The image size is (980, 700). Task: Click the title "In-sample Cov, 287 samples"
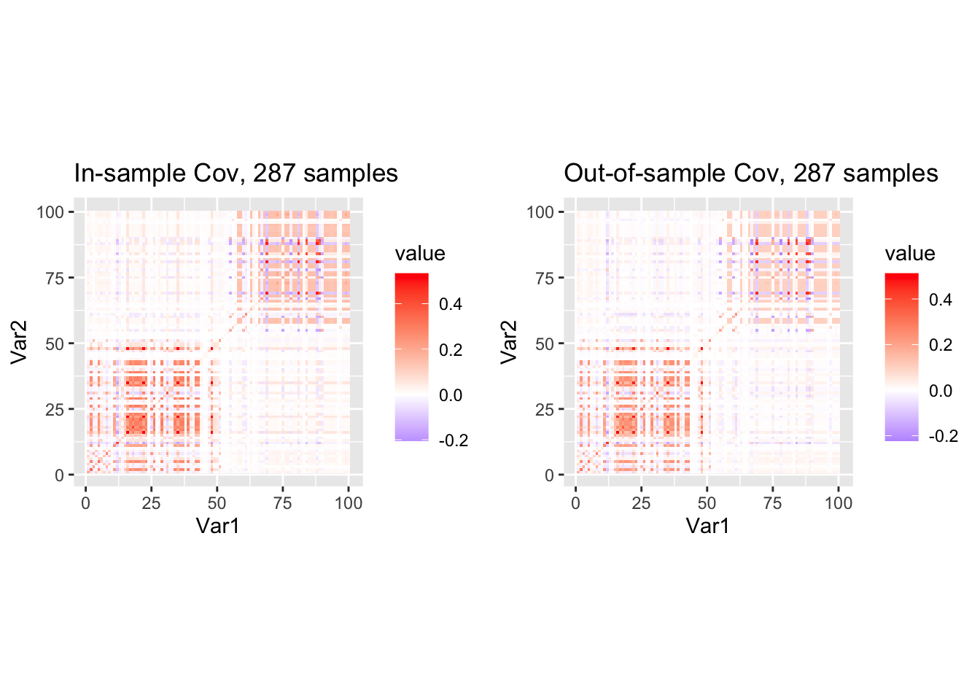pyautogui.click(x=236, y=174)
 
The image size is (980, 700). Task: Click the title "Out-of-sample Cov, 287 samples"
pyautogui.click(x=750, y=174)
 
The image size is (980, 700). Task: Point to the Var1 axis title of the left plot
pyautogui.click(x=217, y=526)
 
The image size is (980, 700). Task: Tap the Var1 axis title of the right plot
pyautogui.click(x=707, y=526)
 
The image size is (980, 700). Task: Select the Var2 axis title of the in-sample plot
pyautogui.click(x=20, y=342)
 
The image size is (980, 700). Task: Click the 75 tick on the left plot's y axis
pyautogui.click(x=55, y=278)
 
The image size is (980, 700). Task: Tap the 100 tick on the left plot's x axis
pyautogui.click(x=349, y=503)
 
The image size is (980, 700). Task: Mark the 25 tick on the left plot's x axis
pyautogui.click(x=151, y=503)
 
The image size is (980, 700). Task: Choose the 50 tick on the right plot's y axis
pyautogui.click(x=545, y=343)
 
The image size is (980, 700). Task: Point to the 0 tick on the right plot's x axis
pyautogui.click(x=576, y=503)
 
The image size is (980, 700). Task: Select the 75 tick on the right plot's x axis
pyautogui.click(x=772, y=503)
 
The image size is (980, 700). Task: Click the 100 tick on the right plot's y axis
pyautogui.click(x=540, y=212)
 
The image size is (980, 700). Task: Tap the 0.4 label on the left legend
pyautogui.click(x=451, y=304)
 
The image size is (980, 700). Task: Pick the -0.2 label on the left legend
pyautogui.click(x=453, y=440)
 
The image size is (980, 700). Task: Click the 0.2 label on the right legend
pyautogui.click(x=941, y=345)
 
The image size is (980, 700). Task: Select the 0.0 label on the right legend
pyautogui.click(x=941, y=391)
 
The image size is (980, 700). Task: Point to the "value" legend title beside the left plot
pyautogui.click(x=420, y=254)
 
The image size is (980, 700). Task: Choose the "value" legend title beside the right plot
pyautogui.click(x=910, y=254)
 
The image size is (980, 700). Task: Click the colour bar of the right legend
pyautogui.click(x=901, y=357)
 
